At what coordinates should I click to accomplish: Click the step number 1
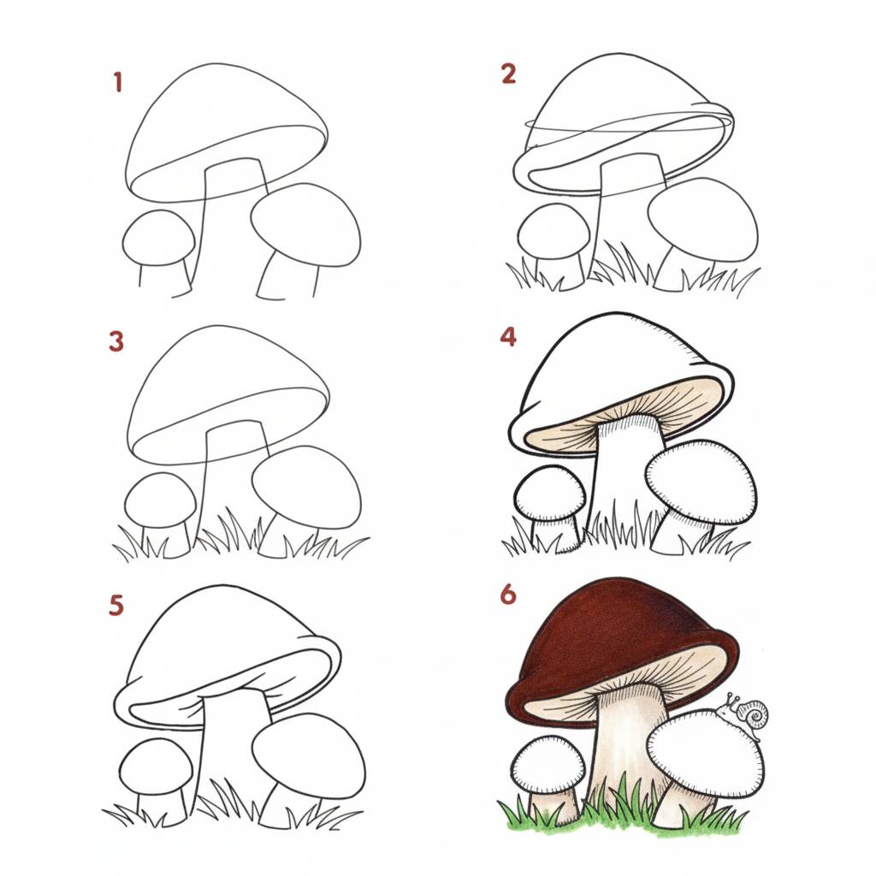(x=117, y=82)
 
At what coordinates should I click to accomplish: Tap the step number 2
(x=508, y=74)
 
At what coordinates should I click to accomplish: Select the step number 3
(x=116, y=341)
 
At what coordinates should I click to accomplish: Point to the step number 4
(x=508, y=336)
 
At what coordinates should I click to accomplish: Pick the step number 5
(x=116, y=605)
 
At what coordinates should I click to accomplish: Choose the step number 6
(x=508, y=595)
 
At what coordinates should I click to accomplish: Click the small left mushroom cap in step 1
(x=158, y=238)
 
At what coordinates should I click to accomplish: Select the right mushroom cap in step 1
(x=305, y=225)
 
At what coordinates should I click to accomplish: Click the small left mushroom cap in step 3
(x=160, y=500)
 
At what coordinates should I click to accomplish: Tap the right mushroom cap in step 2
(x=703, y=220)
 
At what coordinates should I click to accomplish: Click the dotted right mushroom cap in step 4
(x=701, y=482)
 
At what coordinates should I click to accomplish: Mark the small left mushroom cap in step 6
(x=548, y=765)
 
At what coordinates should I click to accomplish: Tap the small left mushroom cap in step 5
(x=157, y=766)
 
